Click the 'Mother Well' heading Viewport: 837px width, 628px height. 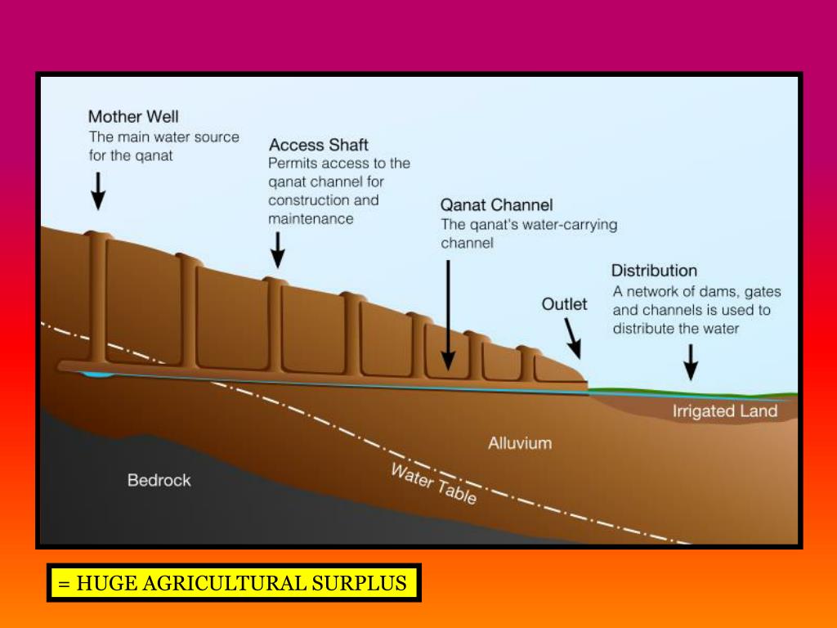pos(133,116)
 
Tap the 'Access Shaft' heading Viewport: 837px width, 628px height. pos(319,145)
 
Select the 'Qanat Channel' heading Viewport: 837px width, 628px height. pos(497,204)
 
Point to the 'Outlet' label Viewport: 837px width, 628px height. pos(564,304)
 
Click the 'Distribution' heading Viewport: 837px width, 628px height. pos(654,271)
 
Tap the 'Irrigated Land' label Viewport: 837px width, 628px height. pos(724,410)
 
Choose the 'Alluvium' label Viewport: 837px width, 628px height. pos(520,443)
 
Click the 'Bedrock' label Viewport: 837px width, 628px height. pos(159,480)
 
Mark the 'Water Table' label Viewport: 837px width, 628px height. pos(433,484)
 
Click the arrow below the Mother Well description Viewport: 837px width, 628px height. pos(98,190)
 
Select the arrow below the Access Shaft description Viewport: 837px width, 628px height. pos(278,249)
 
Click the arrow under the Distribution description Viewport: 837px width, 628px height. pos(691,361)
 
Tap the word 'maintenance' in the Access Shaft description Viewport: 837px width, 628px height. pos(311,219)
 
